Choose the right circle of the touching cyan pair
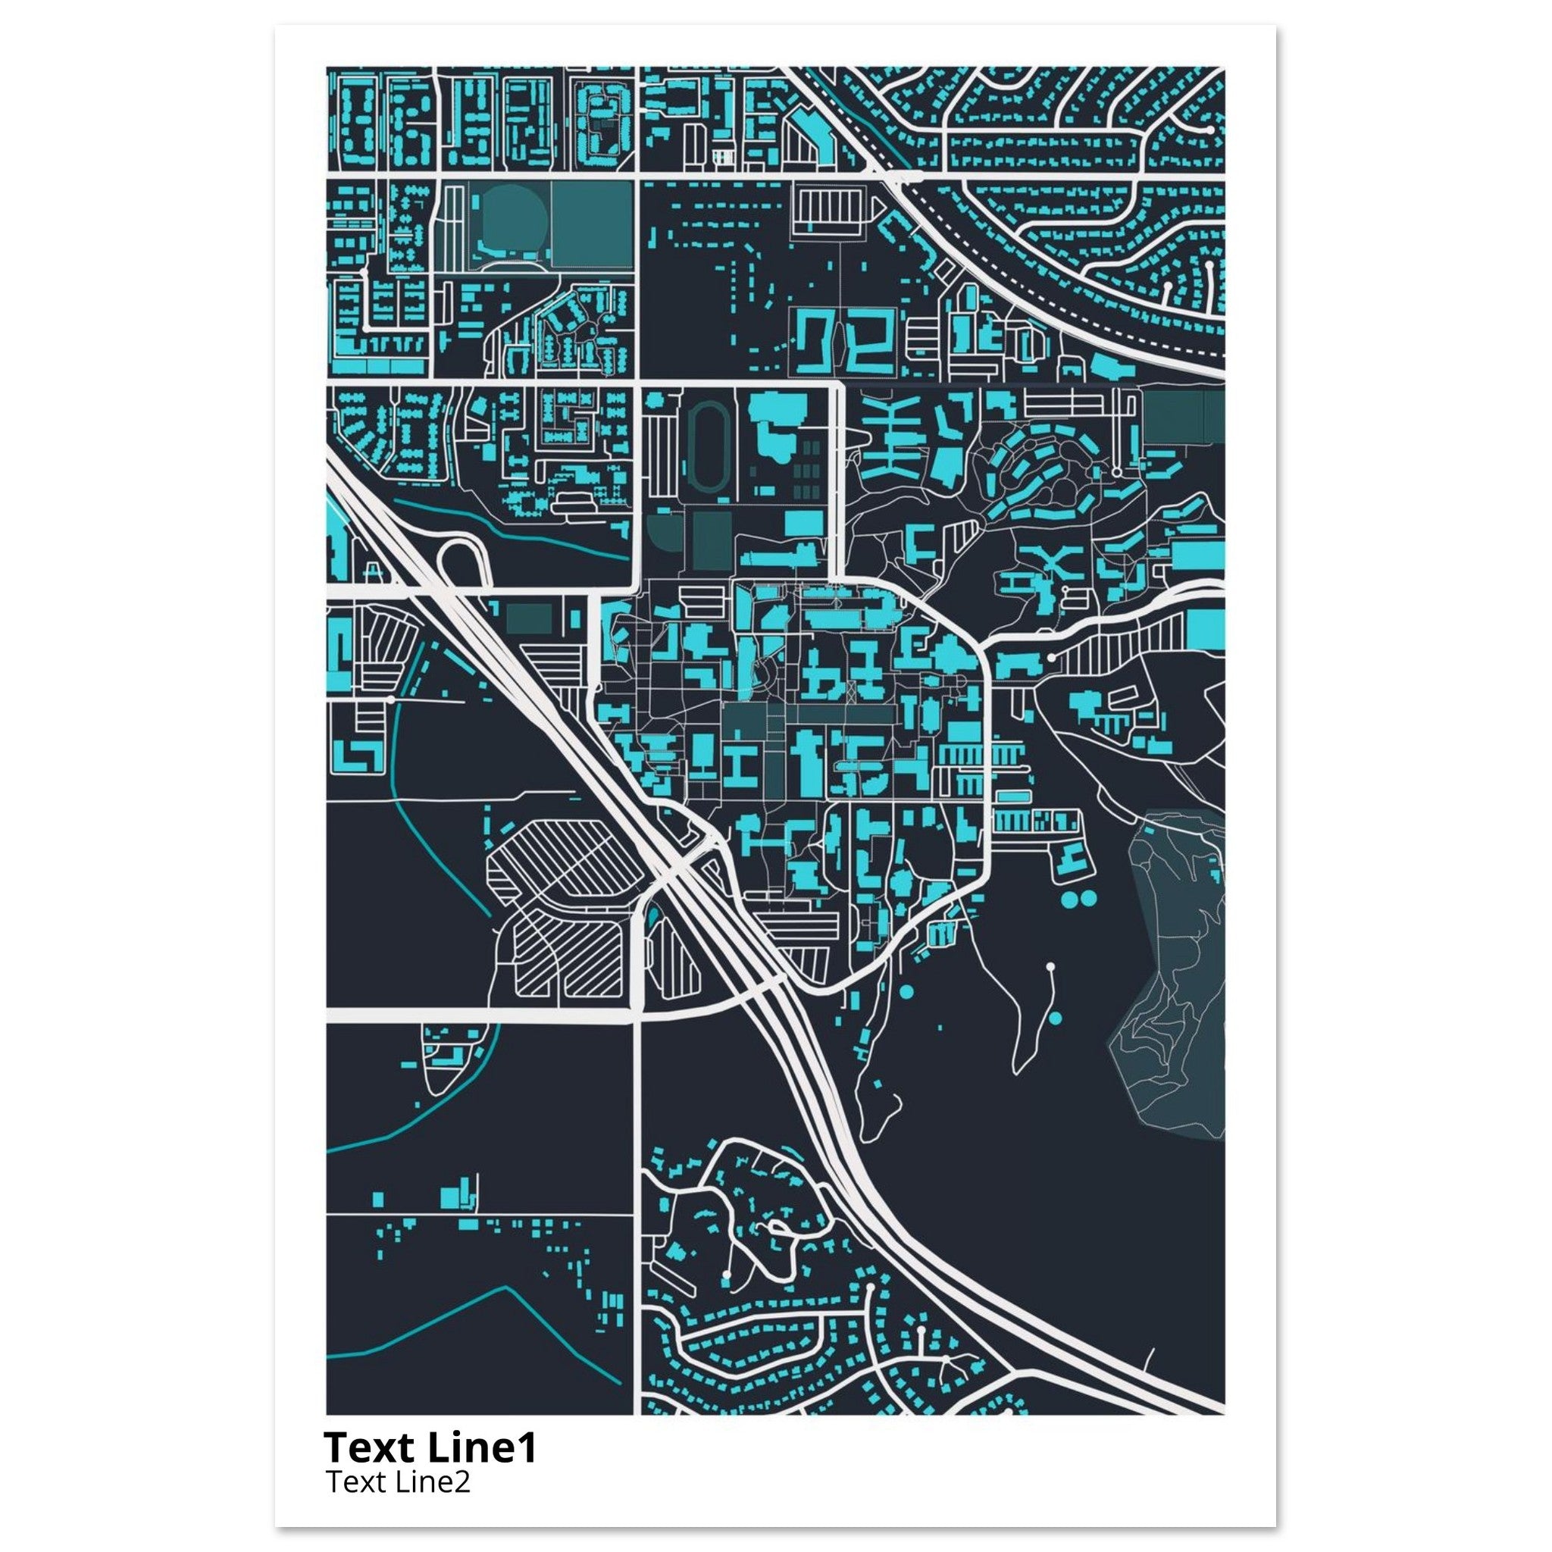click(1088, 899)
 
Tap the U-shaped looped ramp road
click(464, 554)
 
